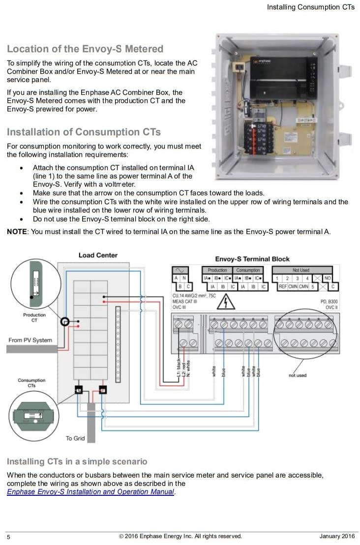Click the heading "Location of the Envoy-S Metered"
tap(85, 49)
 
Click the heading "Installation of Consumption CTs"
tap(84, 132)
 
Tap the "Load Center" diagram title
tap(98, 255)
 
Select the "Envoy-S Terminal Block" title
tap(252, 259)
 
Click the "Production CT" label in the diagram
tap(34, 317)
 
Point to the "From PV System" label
tap(30, 340)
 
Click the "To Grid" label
tap(75, 438)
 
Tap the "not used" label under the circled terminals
tap(297, 375)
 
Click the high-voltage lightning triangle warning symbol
tap(225, 302)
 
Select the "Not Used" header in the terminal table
tap(300, 270)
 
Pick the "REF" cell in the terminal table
tap(283, 286)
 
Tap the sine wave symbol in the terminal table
tap(179, 270)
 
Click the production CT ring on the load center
tap(64, 322)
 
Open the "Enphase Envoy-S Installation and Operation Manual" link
tap(90, 492)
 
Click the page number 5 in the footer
tap(8, 537)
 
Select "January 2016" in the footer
tap(337, 536)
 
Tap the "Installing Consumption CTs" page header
tap(310, 7)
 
